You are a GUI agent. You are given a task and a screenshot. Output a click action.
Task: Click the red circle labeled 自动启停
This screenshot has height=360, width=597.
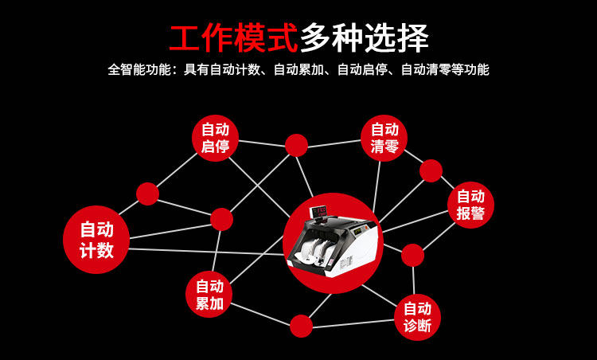pos(215,138)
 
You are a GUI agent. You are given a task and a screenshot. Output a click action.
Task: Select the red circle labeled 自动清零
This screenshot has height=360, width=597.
pos(384,138)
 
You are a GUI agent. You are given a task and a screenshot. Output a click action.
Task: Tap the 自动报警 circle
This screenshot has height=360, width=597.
pos(470,205)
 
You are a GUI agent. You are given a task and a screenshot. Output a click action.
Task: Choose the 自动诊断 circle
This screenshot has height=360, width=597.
pos(417,317)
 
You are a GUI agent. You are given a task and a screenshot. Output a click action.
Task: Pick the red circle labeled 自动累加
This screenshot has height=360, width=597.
pos(209,294)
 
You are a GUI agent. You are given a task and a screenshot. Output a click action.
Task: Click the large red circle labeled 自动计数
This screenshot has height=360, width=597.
pos(96,239)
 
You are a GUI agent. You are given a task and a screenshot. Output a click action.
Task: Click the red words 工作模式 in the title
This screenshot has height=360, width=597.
pos(233,37)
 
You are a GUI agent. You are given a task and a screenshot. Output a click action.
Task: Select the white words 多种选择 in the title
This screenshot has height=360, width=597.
pos(364,37)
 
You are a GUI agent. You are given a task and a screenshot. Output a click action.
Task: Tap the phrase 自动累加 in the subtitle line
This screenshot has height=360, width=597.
pos(298,69)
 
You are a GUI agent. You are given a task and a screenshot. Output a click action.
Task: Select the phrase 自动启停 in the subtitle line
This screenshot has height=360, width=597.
pos(362,69)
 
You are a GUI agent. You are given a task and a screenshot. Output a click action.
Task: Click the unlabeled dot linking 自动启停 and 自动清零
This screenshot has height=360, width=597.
pos(296,145)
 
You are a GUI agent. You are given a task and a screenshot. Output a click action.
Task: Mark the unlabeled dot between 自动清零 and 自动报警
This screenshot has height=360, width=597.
pos(431,170)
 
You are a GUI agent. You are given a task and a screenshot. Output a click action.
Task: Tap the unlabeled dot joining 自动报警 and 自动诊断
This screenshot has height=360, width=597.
pos(412,255)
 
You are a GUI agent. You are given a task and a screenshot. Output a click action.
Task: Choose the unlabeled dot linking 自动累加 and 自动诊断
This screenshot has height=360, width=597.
pos(301,326)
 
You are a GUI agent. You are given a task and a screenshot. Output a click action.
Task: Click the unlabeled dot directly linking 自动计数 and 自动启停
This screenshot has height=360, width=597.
pos(147,194)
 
